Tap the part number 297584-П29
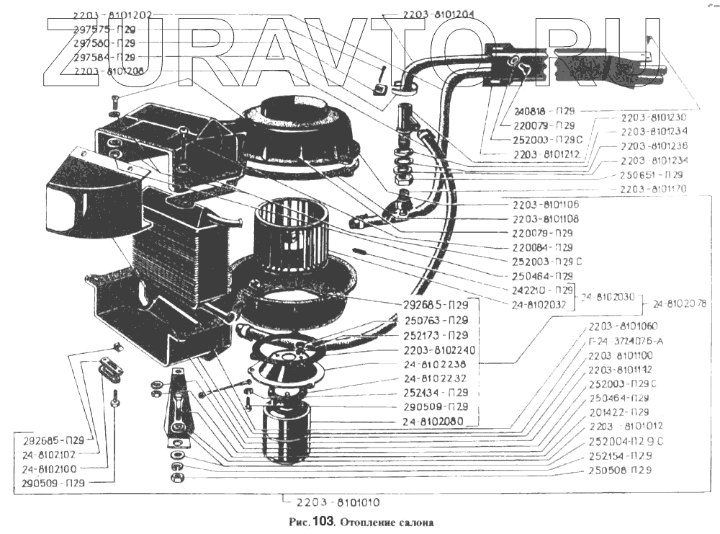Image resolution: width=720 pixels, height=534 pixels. coord(104,57)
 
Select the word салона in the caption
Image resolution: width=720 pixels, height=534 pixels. coord(414,522)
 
